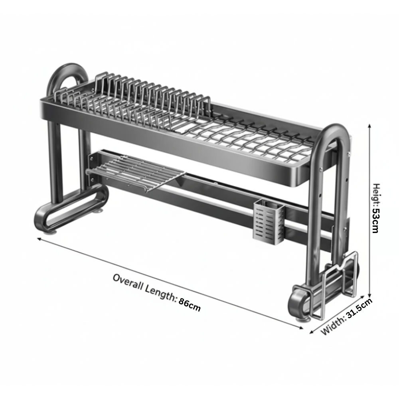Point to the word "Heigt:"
[x=376, y=194]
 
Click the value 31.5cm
[x=359, y=310]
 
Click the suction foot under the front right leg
[x=302, y=318]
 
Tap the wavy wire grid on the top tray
[x=255, y=138]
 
